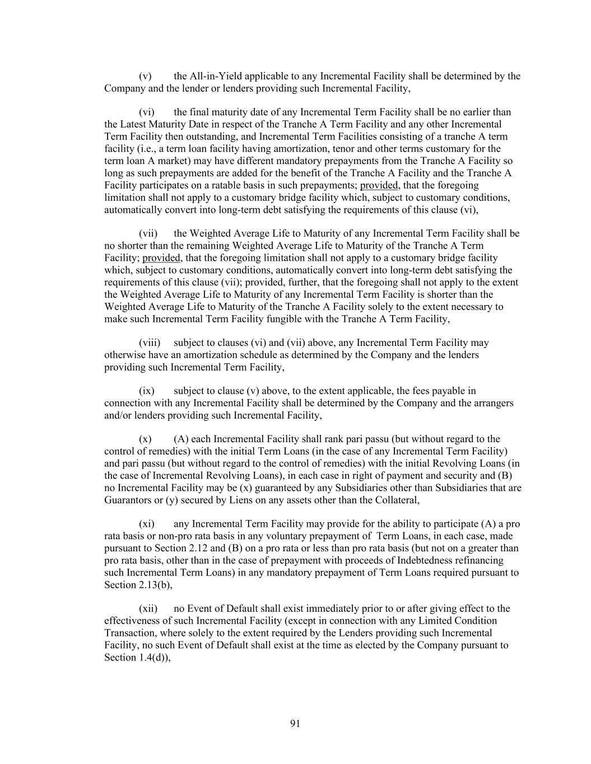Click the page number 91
click(x=295, y=724)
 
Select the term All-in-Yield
click(x=216, y=76)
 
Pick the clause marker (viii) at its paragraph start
click(x=150, y=343)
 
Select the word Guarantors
click(x=127, y=500)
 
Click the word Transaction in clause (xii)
click(x=128, y=633)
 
